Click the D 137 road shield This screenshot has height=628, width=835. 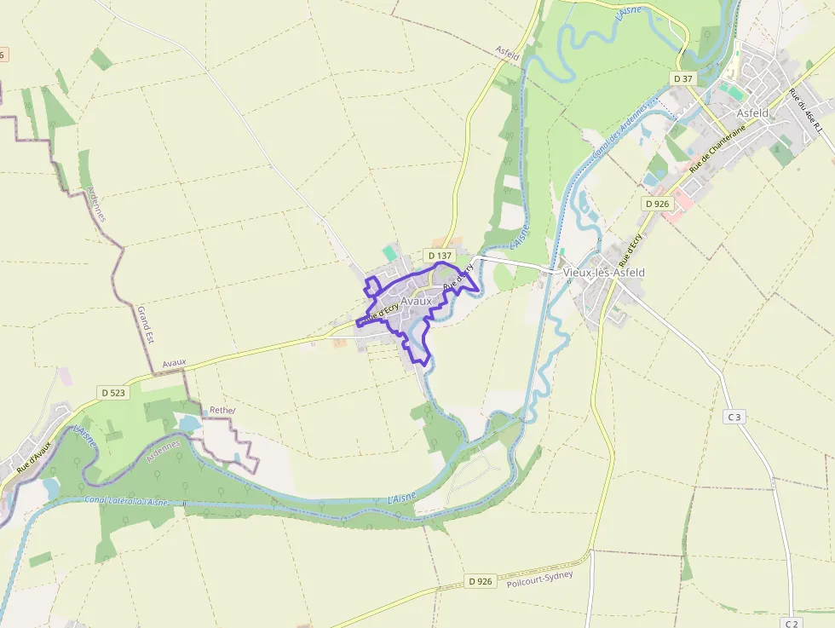[x=439, y=255]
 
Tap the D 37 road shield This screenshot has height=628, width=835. [x=683, y=78]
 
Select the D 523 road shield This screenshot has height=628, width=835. [x=113, y=393]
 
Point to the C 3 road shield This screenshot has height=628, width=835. [x=734, y=417]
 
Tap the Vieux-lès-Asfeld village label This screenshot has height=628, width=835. [x=604, y=272]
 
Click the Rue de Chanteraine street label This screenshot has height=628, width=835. [x=717, y=148]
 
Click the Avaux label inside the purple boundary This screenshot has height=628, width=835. [x=417, y=301]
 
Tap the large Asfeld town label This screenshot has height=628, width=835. [x=752, y=112]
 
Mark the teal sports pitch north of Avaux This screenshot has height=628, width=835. [x=390, y=253]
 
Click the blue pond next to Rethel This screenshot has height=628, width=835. [x=189, y=423]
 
